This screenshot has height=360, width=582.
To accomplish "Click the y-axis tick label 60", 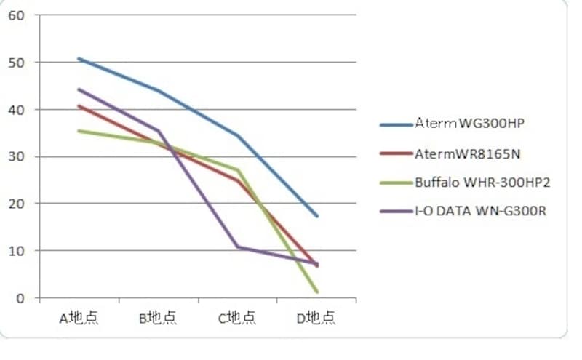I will (x=15, y=15).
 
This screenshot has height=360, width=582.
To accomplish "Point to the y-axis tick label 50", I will (x=15, y=63).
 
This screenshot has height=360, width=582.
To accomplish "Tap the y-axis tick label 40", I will (x=15, y=110).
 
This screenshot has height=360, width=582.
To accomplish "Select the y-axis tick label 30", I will (x=15, y=156).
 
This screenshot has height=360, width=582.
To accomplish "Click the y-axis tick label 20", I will (x=15, y=204).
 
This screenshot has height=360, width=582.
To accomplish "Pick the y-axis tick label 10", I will (x=15, y=251).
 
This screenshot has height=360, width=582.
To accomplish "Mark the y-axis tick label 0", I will (x=19, y=297).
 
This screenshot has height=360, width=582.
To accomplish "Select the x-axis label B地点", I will (x=158, y=318).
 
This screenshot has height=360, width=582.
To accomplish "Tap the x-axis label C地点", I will (x=237, y=318).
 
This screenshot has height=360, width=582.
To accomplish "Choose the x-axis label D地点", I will (x=316, y=318).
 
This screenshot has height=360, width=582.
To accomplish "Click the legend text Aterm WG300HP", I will (x=470, y=124).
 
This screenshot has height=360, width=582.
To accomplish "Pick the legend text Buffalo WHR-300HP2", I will (x=482, y=183).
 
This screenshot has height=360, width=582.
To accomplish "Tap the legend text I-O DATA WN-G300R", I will (x=480, y=212).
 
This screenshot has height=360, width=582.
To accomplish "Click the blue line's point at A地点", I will (x=79, y=58).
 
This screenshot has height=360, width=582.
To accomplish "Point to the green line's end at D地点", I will (x=317, y=292).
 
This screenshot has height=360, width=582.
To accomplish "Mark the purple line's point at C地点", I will (x=238, y=247).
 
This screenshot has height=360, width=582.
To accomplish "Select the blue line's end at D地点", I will (x=317, y=216).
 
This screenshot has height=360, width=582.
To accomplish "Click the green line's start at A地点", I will (x=79, y=131).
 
